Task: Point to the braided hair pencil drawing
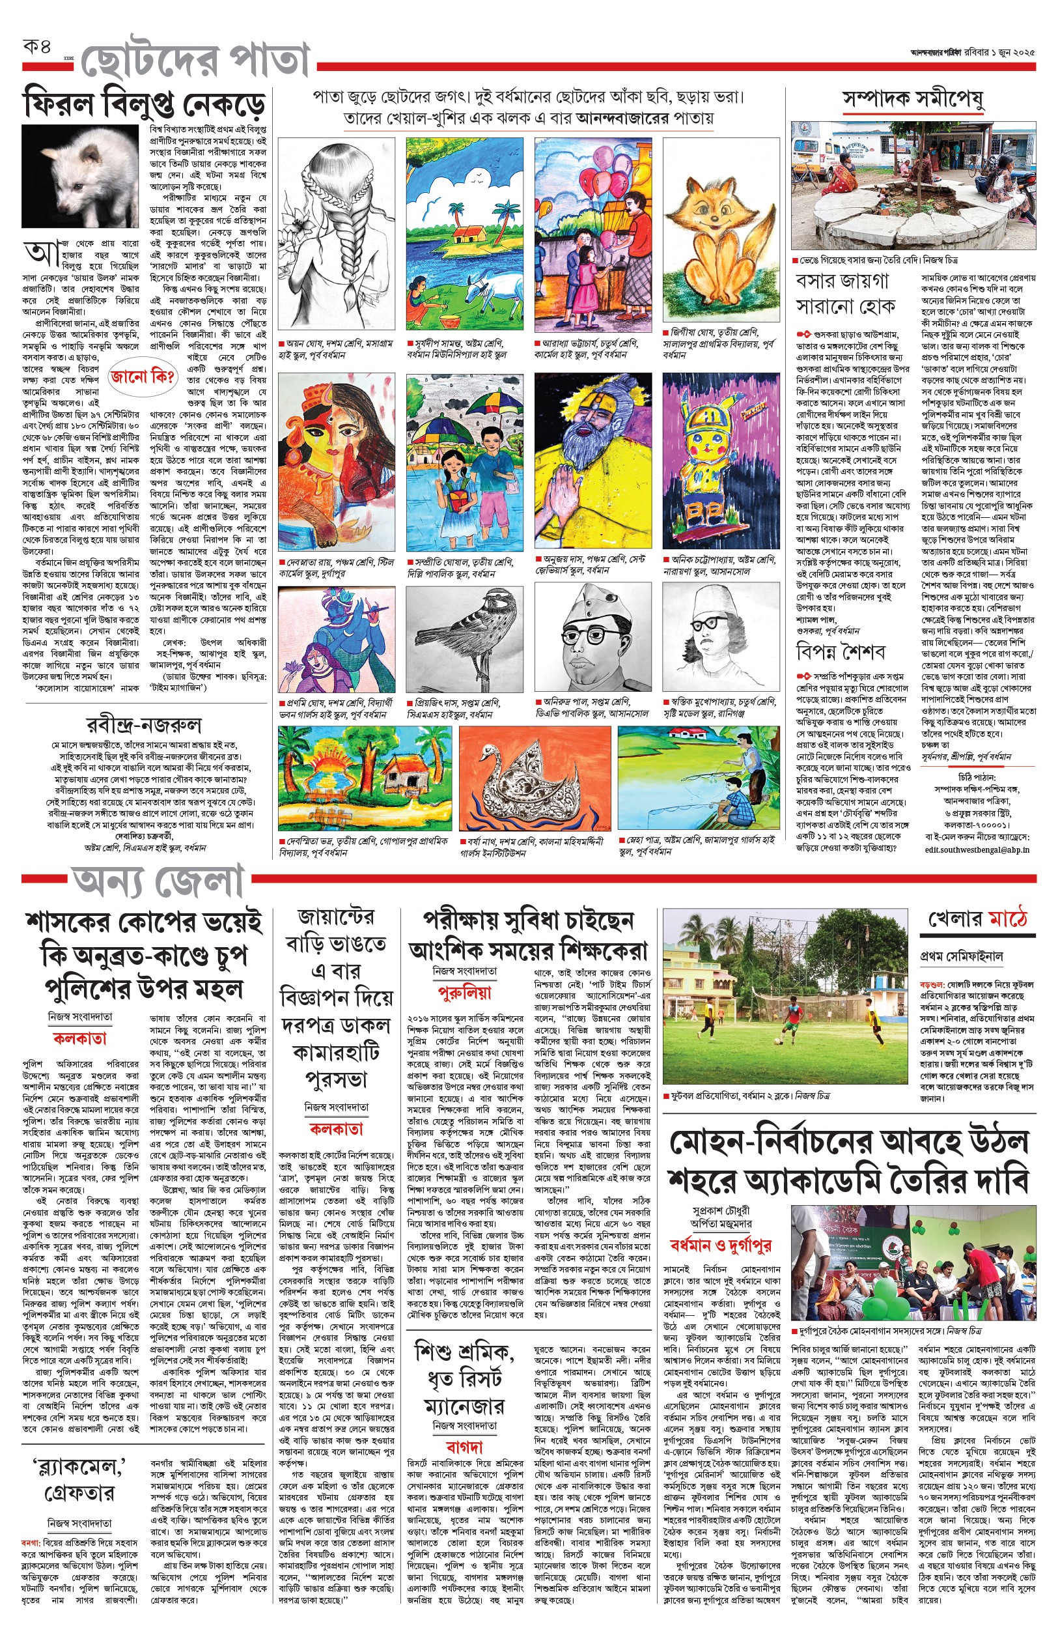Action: coord(337,234)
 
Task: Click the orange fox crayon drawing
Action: coord(721,230)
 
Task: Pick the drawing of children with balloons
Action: coord(592,234)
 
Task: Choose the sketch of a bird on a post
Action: coord(464,639)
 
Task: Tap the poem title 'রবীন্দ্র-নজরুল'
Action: coord(144,724)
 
